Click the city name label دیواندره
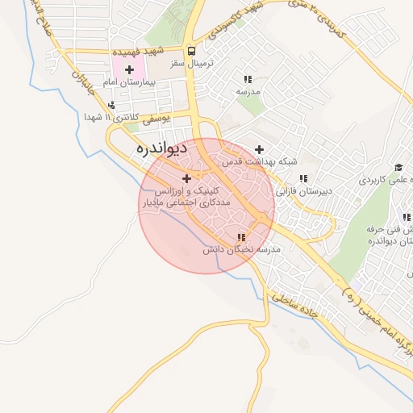[x=162, y=148]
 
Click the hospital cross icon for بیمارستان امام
[x=129, y=70]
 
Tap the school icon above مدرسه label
[x=248, y=79]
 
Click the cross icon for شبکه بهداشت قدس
[x=259, y=149]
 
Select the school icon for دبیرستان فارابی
[x=302, y=178]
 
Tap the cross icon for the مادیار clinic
[x=187, y=177]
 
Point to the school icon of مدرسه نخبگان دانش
[x=240, y=237]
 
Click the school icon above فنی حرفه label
[x=407, y=217]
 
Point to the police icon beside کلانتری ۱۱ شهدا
[x=111, y=105]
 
